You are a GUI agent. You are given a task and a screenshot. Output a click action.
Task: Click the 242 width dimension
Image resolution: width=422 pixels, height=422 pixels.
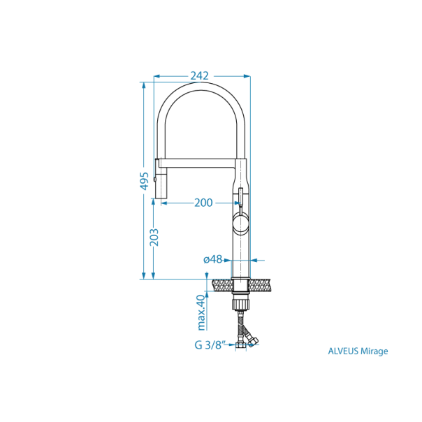point(200,75)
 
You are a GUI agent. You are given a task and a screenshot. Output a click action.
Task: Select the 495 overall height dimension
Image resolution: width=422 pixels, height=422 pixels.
point(144,180)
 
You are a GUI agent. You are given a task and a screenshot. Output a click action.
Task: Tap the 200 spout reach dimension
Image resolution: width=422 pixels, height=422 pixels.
point(203,203)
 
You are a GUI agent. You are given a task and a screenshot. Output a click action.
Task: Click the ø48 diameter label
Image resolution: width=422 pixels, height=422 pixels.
point(212,259)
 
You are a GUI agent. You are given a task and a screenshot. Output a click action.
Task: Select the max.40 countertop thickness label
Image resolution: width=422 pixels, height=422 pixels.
point(201,312)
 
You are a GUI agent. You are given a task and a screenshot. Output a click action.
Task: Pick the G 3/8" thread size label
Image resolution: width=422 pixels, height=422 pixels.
point(210,344)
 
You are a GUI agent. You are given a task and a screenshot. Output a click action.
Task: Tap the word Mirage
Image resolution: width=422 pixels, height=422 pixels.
point(375,351)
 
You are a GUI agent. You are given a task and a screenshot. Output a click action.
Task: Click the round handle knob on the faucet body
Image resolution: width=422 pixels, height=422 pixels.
point(240,224)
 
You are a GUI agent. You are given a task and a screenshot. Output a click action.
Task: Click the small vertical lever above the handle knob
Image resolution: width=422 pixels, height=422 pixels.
point(240,197)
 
